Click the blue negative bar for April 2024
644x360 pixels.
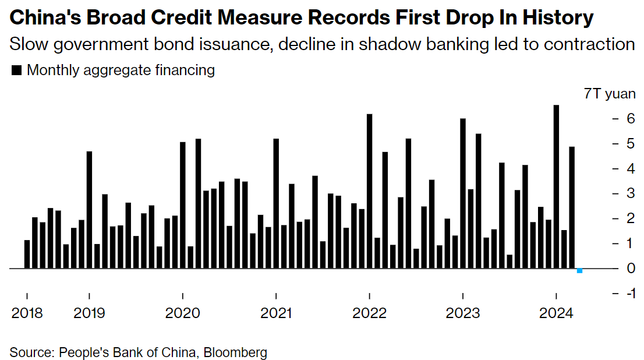[579, 270]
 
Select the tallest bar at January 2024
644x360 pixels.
[556, 186]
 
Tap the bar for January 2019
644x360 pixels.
[89, 210]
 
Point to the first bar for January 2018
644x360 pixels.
[27, 254]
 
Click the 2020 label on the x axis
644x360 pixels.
[183, 313]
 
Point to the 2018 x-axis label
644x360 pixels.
[27, 313]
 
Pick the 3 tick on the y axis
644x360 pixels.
[629, 193]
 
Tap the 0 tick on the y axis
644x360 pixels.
[629, 268]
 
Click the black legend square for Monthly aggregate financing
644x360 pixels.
[16, 70]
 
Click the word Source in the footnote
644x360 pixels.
[30, 352]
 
